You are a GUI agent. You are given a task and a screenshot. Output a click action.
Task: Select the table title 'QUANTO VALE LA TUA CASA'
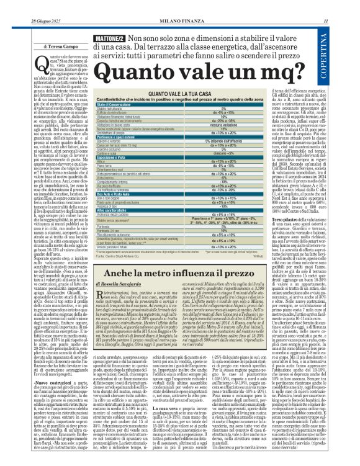point(161,93)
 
